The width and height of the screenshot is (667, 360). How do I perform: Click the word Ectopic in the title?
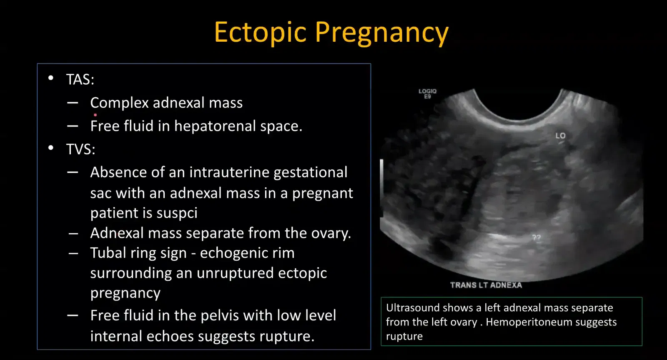pos(260,33)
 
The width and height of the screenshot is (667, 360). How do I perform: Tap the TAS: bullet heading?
pos(80,79)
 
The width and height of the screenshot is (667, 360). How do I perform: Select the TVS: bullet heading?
pos(80,149)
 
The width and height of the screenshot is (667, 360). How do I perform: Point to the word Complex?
pos(119,103)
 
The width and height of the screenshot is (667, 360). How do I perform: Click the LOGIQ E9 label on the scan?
pos(427,93)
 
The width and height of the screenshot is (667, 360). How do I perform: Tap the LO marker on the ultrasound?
pos(560,136)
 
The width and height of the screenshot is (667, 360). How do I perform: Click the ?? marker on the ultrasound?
pos(536,237)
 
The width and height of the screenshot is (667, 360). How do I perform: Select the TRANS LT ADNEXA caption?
pos(486,285)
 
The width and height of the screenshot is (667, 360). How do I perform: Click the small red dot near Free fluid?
pos(95,115)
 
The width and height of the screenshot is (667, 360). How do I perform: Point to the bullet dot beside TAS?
pos(51,78)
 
